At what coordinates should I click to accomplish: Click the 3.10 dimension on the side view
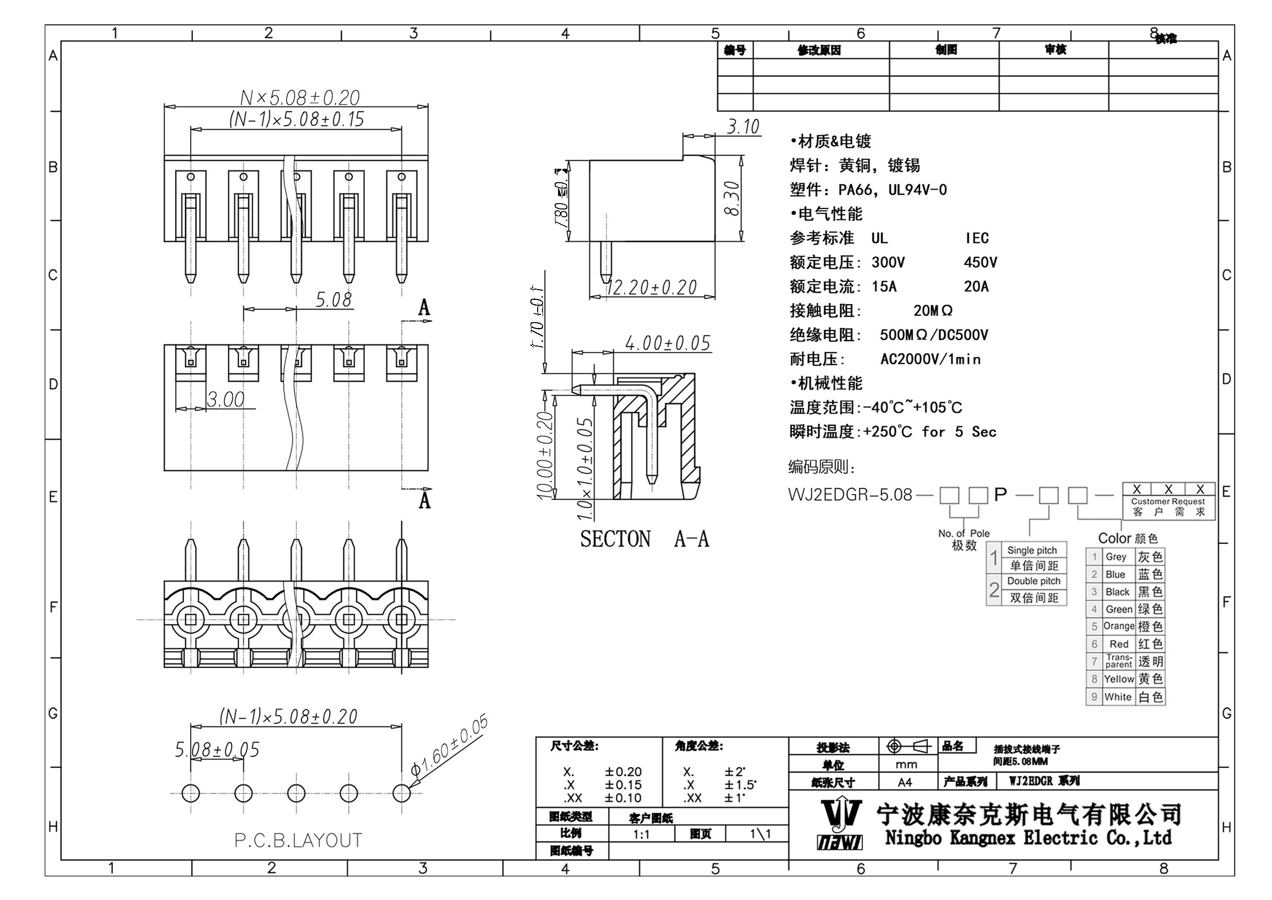pos(743,127)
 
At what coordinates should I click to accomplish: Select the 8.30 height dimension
pos(732,198)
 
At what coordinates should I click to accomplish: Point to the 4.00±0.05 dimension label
pos(667,343)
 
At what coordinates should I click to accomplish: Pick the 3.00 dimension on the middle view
pos(225,399)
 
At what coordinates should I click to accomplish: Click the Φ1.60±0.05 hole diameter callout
pos(449,745)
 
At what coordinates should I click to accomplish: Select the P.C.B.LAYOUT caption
pos(298,841)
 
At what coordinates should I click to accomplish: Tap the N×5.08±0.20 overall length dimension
pos(300,98)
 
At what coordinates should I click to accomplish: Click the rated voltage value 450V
pos(980,263)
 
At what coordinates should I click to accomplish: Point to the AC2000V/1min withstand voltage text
pos(930,360)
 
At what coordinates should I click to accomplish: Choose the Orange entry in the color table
pos(1119,626)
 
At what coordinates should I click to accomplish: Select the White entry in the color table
pos(1118,697)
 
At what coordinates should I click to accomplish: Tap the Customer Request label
pos(1168,502)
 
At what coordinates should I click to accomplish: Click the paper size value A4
pos(905,782)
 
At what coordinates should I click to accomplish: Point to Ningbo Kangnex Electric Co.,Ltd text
pos(1028,838)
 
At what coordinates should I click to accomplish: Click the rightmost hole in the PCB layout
pos(402,794)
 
